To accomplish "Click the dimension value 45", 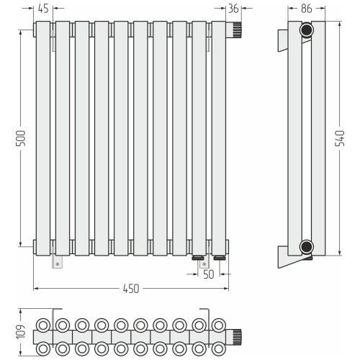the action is pyautogui.click(x=43, y=9).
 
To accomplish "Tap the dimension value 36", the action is pyautogui.click(x=233, y=9).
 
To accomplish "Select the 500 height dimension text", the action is pyautogui.click(x=20, y=138).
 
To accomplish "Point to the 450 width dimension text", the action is pyautogui.click(x=131, y=289).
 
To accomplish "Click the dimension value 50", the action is pyautogui.click(x=208, y=274).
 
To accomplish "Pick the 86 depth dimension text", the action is pyautogui.click(x=307, y=9).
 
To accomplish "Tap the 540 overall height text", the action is pyautogui.click(x=340, y=138).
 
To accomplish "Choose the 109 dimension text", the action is pyautogui.click(x=20, y=332).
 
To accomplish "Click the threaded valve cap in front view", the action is pyautogui.click(x=237, y=30).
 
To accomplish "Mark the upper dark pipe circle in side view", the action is pyautogui.click(x=307, y=30).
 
